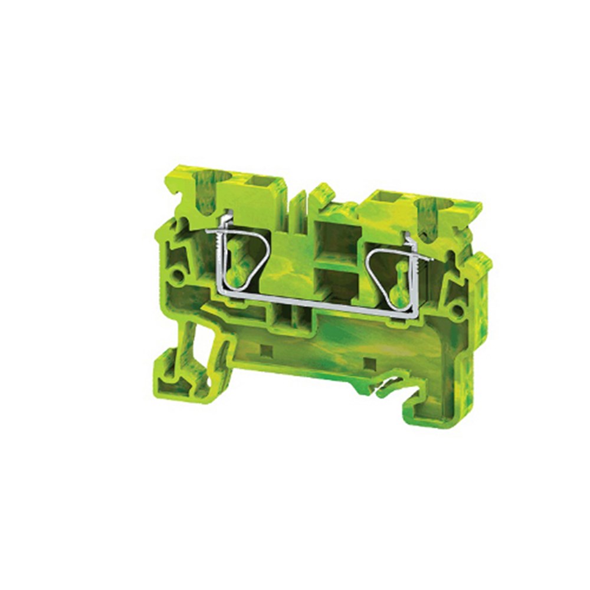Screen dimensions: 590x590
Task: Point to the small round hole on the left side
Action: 176,274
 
